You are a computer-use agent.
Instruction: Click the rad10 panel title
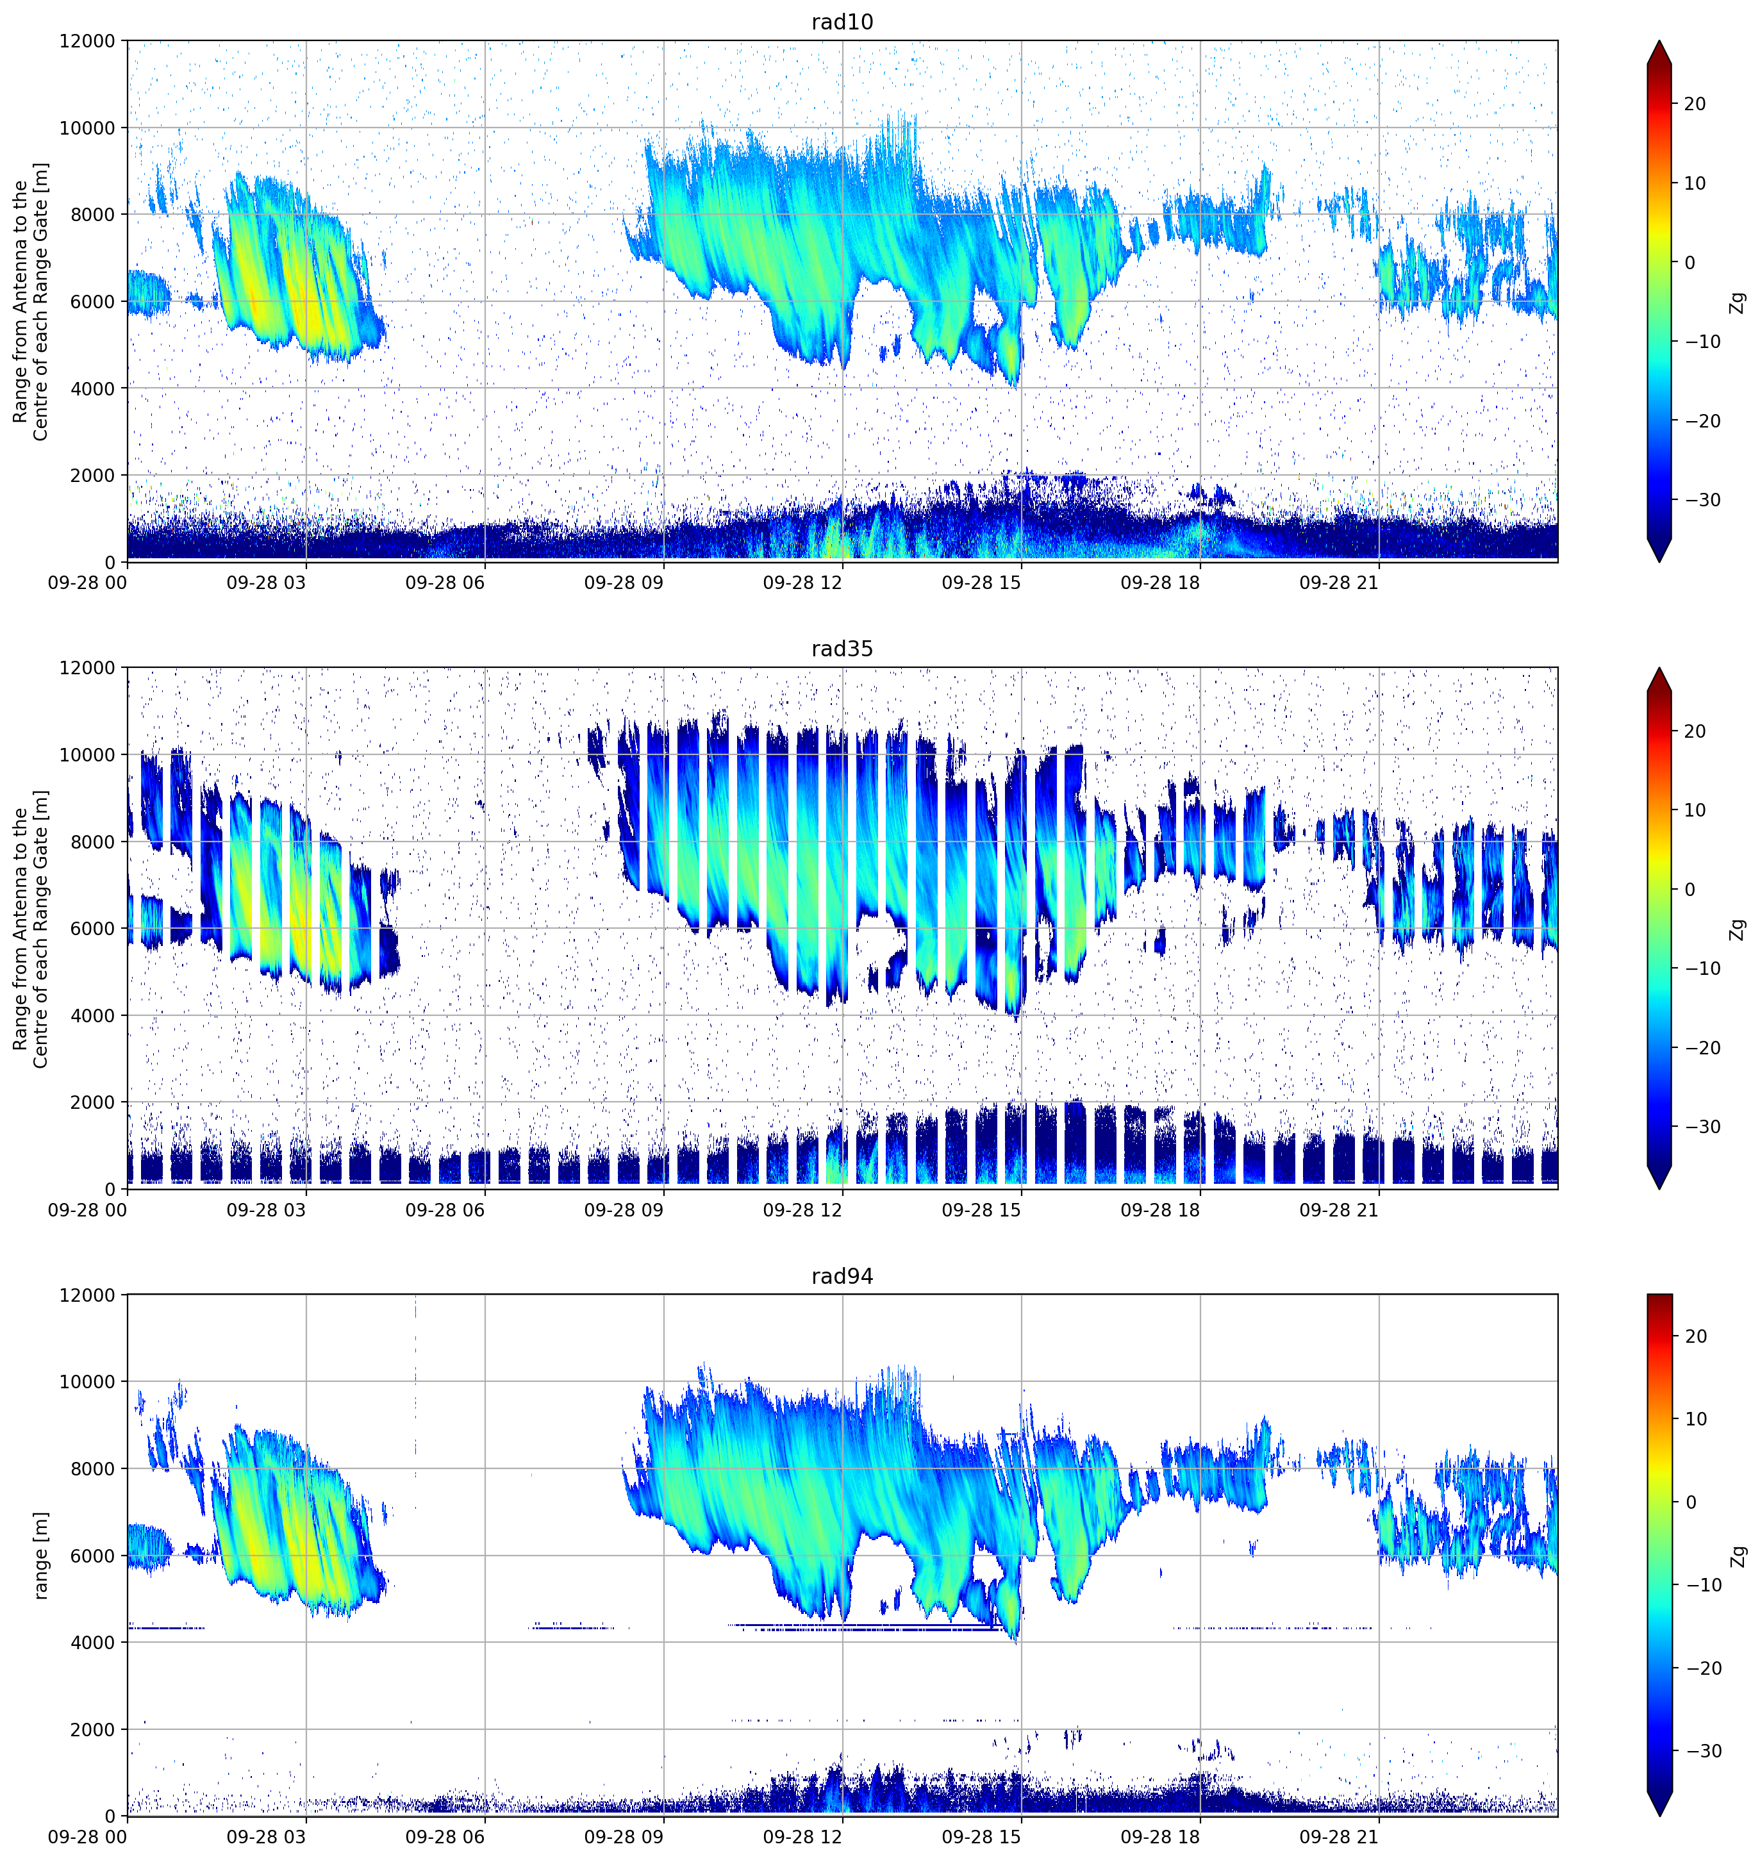tap(842, 22)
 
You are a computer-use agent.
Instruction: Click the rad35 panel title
tap(842, 649)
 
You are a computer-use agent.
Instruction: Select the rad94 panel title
tap(842, 1277)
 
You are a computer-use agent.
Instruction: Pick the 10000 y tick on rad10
tap(87, 128)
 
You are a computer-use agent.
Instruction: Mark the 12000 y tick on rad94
tap(87, 1295)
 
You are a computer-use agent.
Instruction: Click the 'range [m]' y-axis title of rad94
tap(40, 1554)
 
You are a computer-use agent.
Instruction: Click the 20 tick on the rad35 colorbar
tap(1695, 731)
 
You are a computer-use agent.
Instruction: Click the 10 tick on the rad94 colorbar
tap(1695, 1419)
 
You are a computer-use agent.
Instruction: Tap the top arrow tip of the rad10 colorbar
tap(1659, 40)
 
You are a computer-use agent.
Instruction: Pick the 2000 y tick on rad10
tap(93, 476)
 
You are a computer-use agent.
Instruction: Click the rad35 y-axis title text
tap(30, 929)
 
